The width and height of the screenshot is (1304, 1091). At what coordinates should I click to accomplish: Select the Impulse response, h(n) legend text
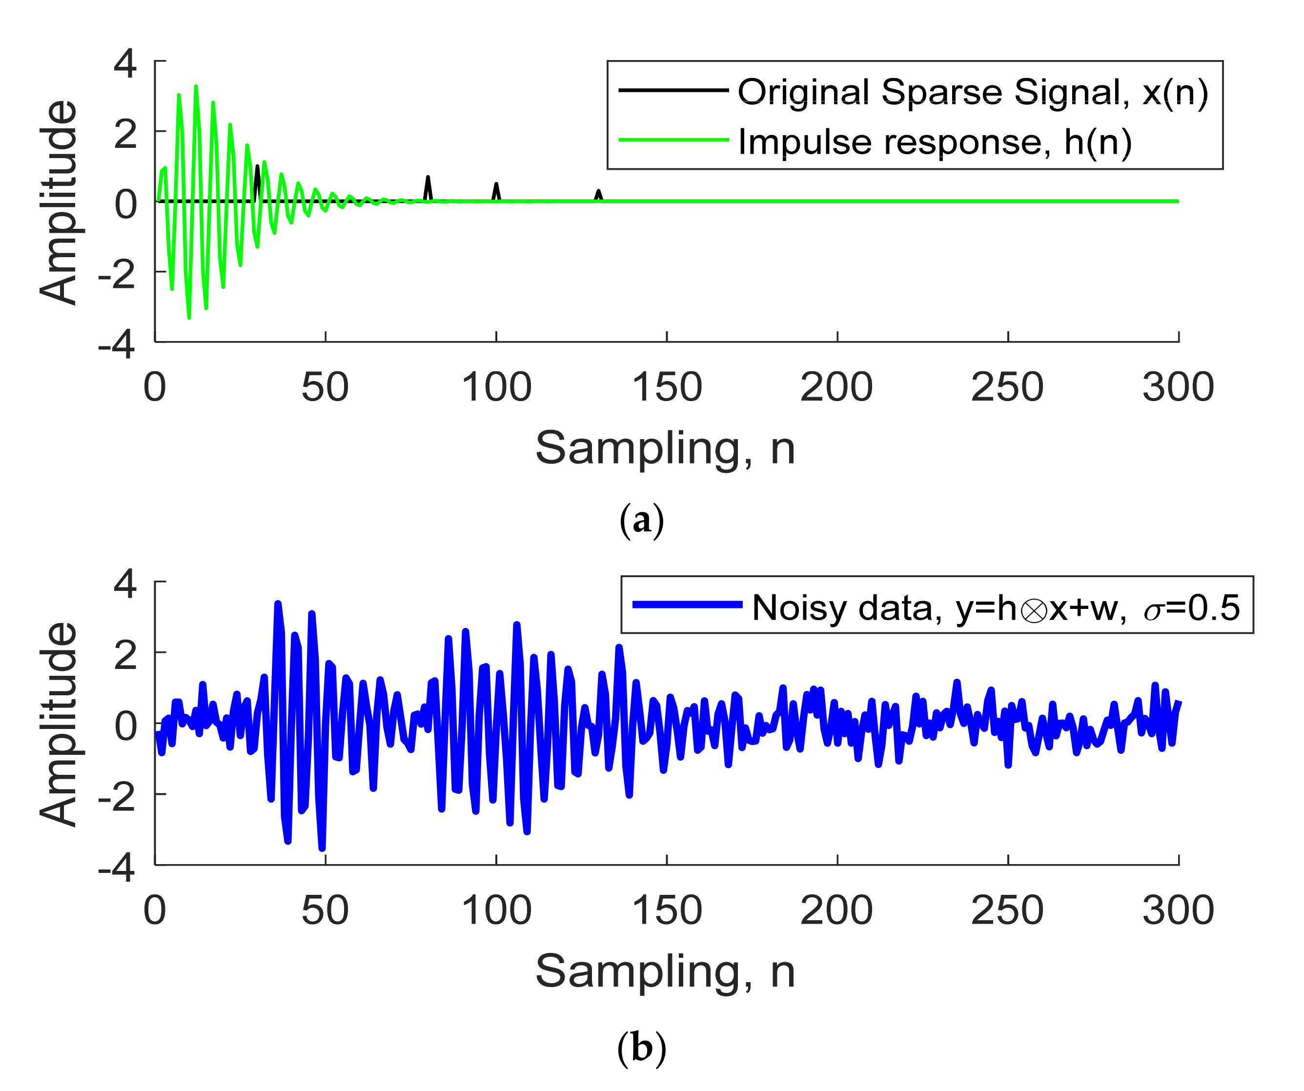coord(935,141)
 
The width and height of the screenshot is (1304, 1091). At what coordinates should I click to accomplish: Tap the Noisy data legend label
coord(995,608)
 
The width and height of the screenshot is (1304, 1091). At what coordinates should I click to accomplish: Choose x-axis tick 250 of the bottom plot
coord(1007,911)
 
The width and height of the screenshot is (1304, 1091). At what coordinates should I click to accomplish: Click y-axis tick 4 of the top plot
coord(125,63)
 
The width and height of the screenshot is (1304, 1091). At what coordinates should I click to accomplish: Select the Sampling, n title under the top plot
coord(665,449)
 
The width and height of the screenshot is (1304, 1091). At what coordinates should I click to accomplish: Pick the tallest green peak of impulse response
coord(196,87)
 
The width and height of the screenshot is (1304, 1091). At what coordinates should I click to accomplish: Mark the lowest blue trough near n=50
coord(322,848)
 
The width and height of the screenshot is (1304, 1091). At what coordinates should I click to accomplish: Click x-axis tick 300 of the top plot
coord(1178,387)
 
